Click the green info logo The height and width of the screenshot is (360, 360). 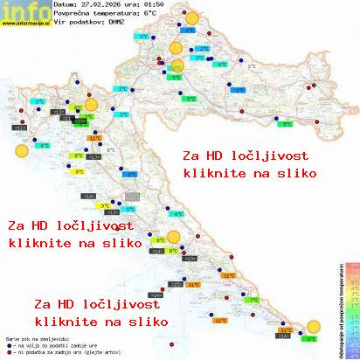click(19, 10)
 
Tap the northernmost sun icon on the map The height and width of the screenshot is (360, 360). click(190, 18)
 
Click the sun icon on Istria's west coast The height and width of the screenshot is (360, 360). click(21, 151)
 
